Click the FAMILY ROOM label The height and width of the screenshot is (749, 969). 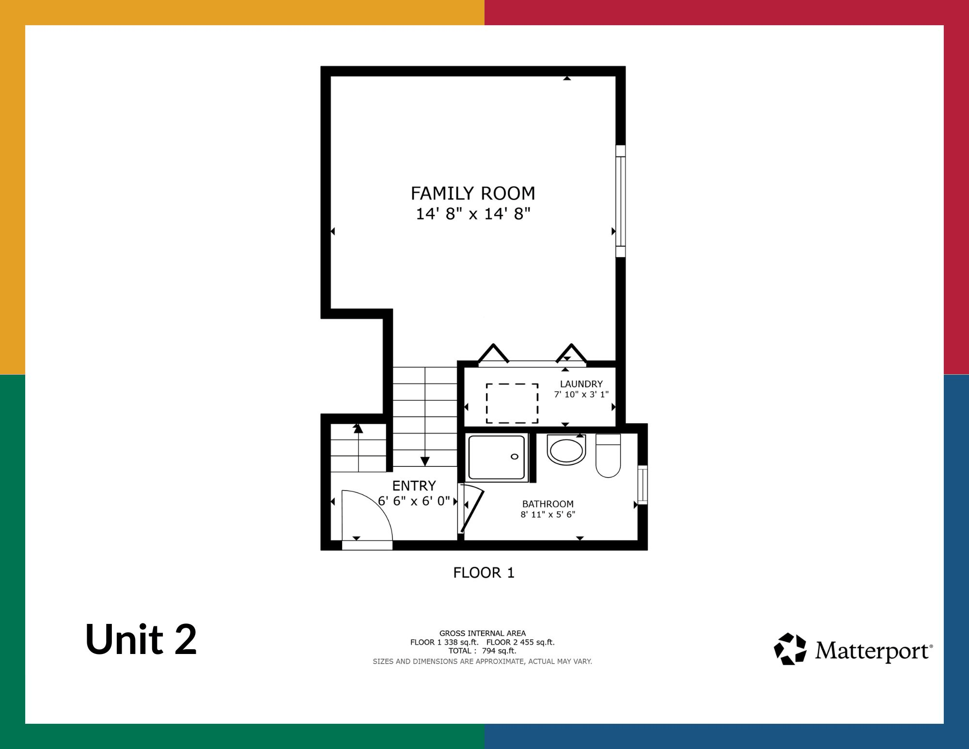click(x=473, y=193)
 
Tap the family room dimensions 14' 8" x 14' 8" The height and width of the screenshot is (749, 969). click(x=473, y=214)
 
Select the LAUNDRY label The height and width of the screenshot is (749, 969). click(x=581, y=384)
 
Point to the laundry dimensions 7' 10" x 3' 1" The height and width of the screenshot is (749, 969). click(x=581, y=395)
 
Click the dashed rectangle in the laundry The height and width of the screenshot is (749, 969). click(x=512, y=384)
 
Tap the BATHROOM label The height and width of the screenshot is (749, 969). click(x=548, y=504)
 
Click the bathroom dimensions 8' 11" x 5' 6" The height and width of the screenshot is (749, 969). click(x=548, y=514)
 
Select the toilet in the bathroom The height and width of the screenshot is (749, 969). click(x=608, y=456)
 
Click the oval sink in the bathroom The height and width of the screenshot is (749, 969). click(x=566, y=450)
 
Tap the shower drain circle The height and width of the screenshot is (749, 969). click(x=515, y=457)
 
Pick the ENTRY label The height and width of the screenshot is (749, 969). click(x=414, y=486)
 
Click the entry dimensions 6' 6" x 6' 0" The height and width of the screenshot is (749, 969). click(x=414, y=501)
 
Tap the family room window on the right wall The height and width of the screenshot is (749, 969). click(x=621, y=201)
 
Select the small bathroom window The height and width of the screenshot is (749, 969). click(x=643, y=485)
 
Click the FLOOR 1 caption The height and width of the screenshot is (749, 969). click(x=484, y=573)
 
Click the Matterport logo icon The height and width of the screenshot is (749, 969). click(x=790, y=649)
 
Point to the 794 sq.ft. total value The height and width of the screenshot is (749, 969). click(x=499, y=651)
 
